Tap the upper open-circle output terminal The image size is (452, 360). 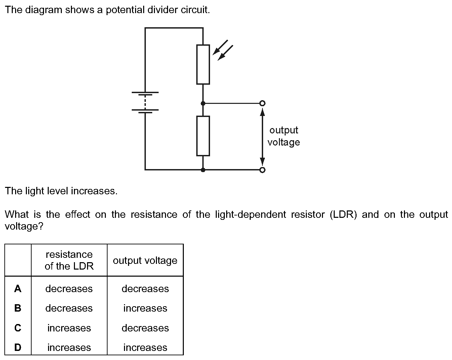(x=262, y=103)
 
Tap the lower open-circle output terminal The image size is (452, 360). (x=262, y=170)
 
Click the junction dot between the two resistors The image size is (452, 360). (x=203, y=103)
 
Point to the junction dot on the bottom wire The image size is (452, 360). (x=203, y=170)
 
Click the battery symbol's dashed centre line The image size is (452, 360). (x=145, y=103)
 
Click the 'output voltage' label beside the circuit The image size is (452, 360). (x=284, y=136)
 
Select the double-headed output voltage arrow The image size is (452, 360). (x=262, y=136)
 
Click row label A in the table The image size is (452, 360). (x=18, y=288)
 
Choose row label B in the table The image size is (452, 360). (x=18, y=308)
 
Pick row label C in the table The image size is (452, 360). (x=18, y=328)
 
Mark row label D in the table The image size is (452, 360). (x=18, y=347)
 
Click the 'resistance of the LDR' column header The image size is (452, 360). (x=69, y=260)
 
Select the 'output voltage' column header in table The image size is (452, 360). (x=145, y=261)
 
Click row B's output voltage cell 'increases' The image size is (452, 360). (x=145, y=308)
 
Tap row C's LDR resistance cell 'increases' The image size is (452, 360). (x=69, y=328)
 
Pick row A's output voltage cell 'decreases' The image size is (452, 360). (x=145, y=289)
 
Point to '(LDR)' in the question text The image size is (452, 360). (x=343, y=214)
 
